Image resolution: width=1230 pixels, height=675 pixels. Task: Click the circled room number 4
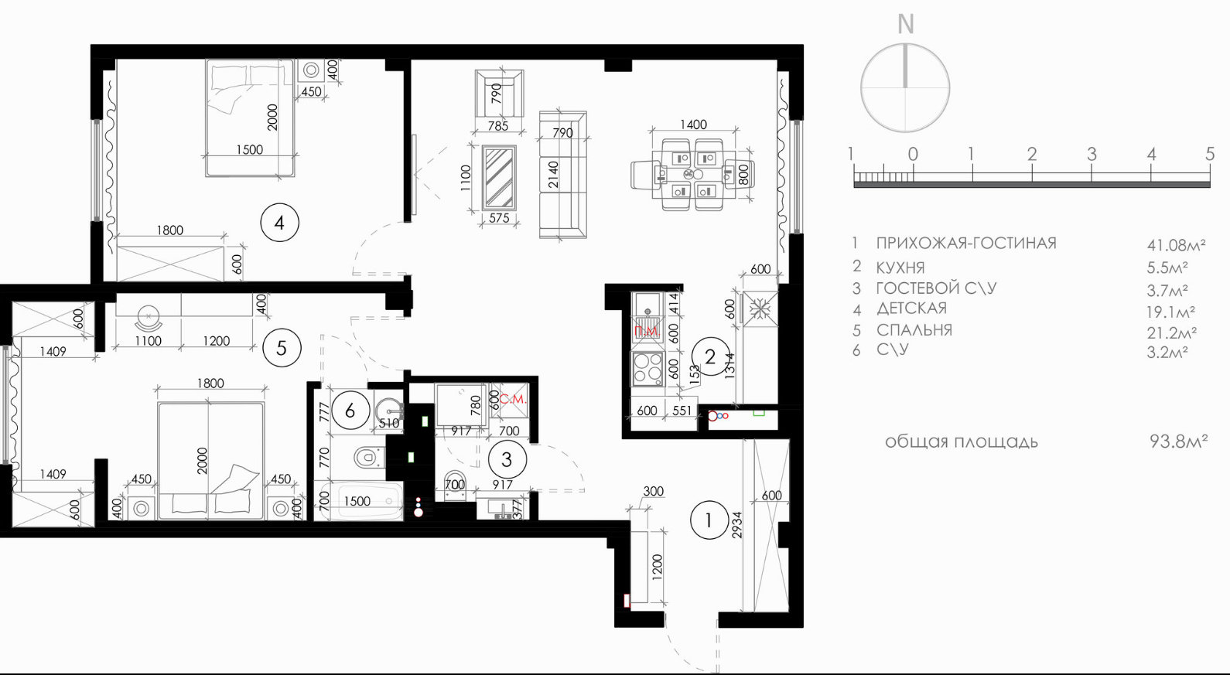pyautogui.click(x=279, y=223)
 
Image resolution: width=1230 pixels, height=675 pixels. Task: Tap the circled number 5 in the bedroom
pyautogui.click(x=282, y=348)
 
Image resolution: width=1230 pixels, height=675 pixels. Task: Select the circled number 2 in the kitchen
pyautogui.click(x=710, y=356)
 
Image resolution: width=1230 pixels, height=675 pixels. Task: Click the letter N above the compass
pyautogui.click(x=905, y=24)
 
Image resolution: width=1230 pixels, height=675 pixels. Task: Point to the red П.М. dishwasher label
pyautogui.click(x=646, y=332)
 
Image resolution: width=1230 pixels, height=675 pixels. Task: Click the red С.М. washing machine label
pyautogui.click(x=513, y=399)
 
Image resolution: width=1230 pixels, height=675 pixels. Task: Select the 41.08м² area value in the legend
pyautogui.click(x=1176, y=245)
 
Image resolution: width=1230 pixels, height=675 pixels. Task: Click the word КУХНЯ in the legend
pyautogui.click(x=900, y=268)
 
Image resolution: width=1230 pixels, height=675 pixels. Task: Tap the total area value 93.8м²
pyautogui.click(x=1178, y=441)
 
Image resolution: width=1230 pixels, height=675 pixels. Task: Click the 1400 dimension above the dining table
pyautogui.click(x=694, y=124)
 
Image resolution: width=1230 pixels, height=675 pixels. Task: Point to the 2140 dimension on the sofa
pyautogui.click(x=554, y=175)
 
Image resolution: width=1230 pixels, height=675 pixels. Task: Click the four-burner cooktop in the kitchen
pyautogui.click(x=647, y=368)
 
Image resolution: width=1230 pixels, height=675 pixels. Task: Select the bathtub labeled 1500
pyautogui.click(x=359, y=500)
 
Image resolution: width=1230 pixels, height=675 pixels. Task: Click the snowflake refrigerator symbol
pyautogui.click(x=760, y=309)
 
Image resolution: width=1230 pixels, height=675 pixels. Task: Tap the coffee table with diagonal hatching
pyautogui.click(x=499, y=178)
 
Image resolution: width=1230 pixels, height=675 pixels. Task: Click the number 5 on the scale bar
pyautogui.click(x=1210, y=154)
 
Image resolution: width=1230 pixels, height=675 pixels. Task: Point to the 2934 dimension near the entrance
pyautogui.click(x=737, y=525)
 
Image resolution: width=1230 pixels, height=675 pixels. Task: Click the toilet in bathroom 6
pyautogui.click(x=368, y=457)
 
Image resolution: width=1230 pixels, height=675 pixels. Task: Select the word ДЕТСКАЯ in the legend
pyautogui.click(x=911, y=309)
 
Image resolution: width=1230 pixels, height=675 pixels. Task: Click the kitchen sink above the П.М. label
pyautogui.click(x=647, y=305)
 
